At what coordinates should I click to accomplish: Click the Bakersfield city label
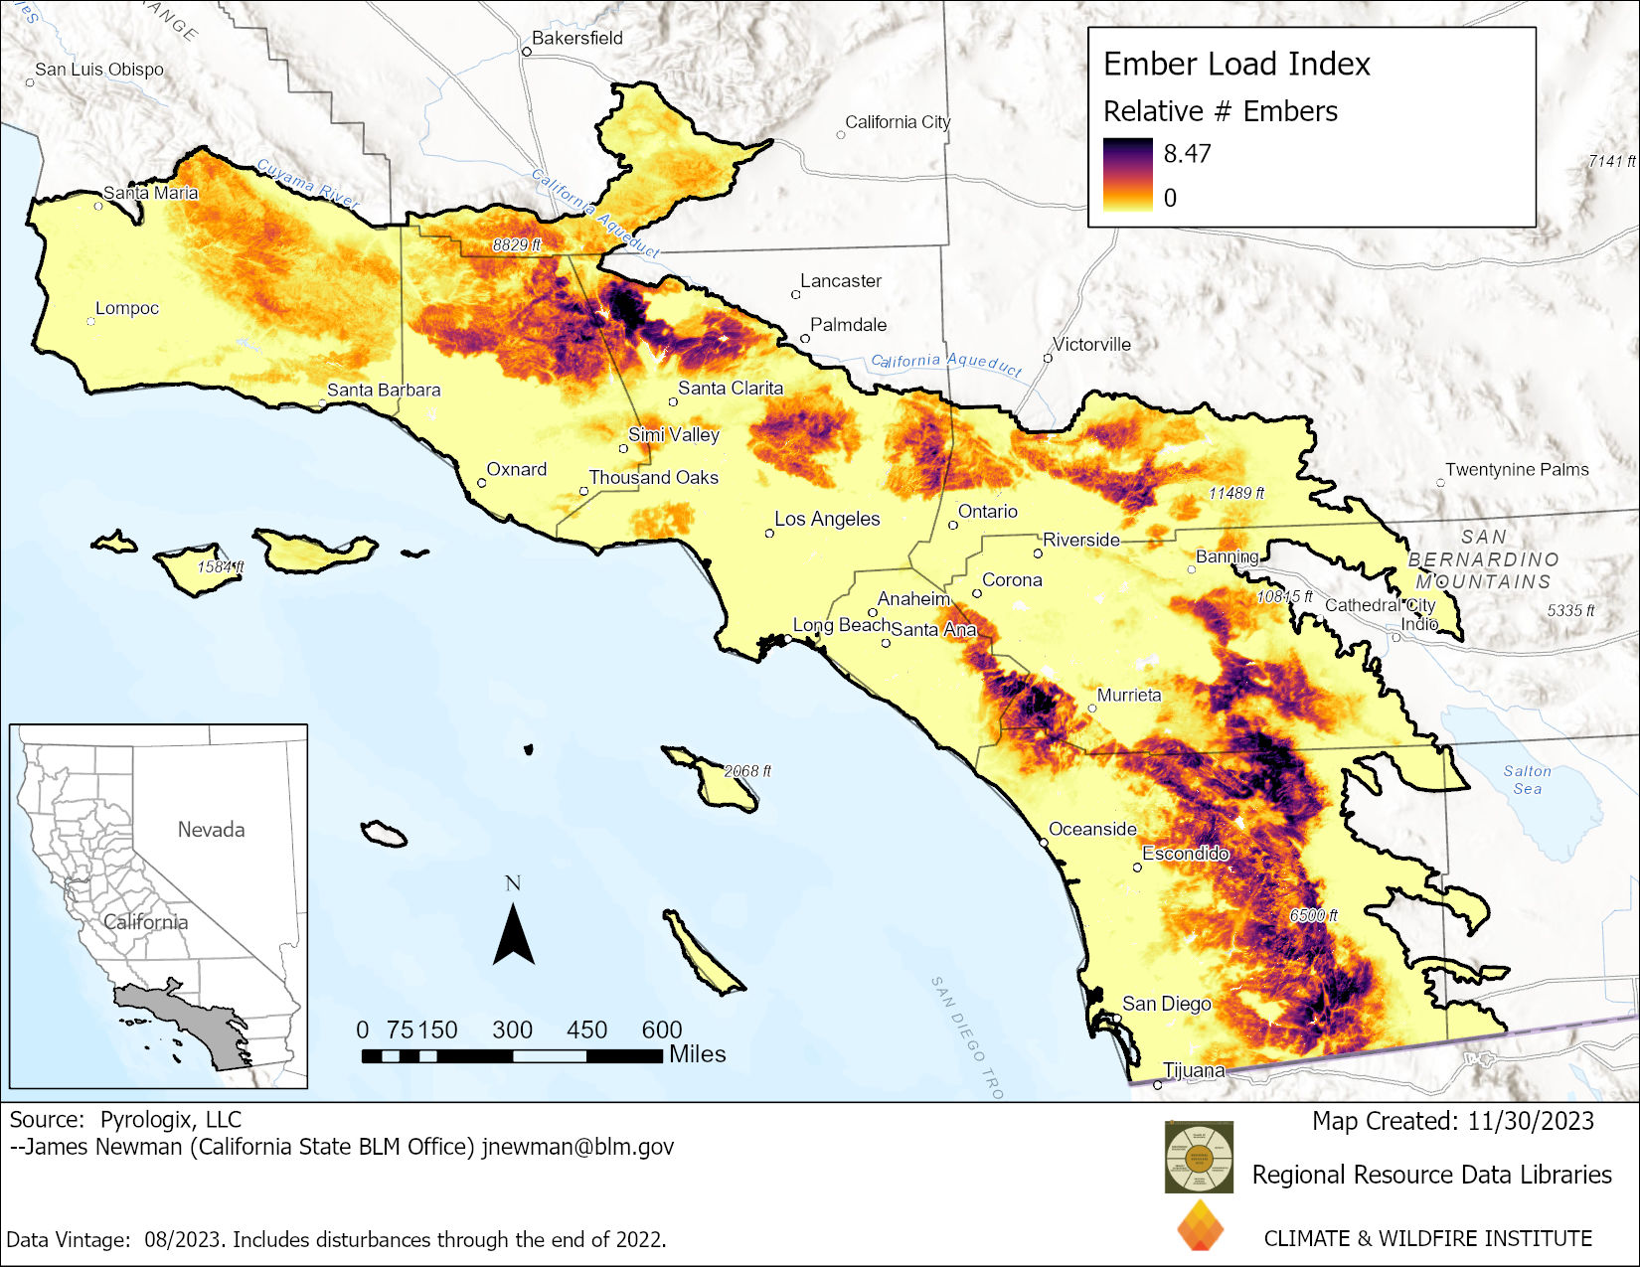click(x=576, y=38)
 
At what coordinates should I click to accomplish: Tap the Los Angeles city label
click(x=827, y=519)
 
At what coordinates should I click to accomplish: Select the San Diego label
click(x=1166, y=1004)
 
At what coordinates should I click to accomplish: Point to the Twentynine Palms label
click(x=1517, y=469)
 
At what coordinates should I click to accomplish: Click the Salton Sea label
click(x=1528, y=780)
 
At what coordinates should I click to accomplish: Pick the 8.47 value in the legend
click(x=1187, y=154)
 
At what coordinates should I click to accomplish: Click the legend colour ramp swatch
click(x=1127, y=175)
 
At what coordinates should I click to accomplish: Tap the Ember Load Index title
click(x=1236, y=65)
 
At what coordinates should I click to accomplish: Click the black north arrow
click(x=513, y=934)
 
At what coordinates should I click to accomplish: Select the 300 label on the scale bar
click(x=512, y=1030)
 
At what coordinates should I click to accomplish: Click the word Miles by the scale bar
click(x=697, y=1054)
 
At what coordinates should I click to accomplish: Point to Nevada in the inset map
click(x=211, y=830)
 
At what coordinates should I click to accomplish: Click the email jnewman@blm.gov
click(x=577, y=1147)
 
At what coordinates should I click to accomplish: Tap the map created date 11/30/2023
click(x=1531, y=1121)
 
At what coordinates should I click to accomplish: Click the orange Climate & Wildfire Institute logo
click(x=1200, y=1226)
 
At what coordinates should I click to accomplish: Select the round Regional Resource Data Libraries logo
click(x=1199, y=1157)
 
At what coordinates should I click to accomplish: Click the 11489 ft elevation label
click(x=1235, y=493)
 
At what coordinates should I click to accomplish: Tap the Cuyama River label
click(x=307, y=183)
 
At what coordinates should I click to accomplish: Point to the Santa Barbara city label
click(x=384, y=391)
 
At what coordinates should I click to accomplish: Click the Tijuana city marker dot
click(x=1157, y=1085)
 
